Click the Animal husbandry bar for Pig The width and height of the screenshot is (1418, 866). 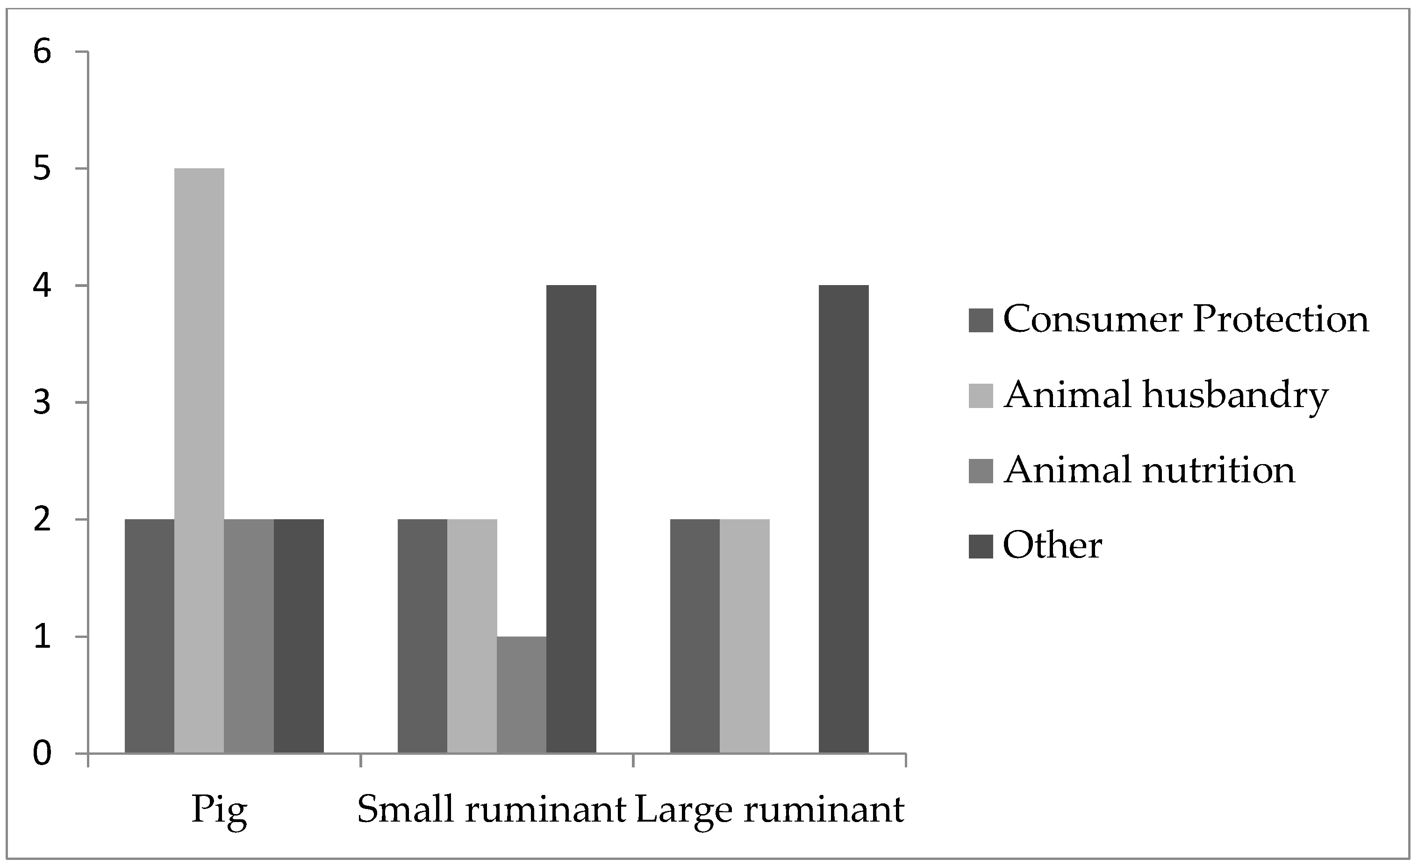pos(199,460)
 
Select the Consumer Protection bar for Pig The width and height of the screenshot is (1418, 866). pos(150,636)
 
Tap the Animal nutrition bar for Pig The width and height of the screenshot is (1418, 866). pos(249,636)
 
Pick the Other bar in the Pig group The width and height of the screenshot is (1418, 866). pos(299,636)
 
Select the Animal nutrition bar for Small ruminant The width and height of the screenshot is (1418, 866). pos(522,694)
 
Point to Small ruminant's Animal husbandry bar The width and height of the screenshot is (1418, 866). pos(472,636)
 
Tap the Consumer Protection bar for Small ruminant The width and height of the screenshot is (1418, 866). pos(423,636)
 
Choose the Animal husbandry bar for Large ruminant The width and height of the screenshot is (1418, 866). pos(745,636)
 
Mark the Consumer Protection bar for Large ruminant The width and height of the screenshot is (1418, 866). pos(695,636)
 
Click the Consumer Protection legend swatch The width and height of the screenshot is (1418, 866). pos(981,321)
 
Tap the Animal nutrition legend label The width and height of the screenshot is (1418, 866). pos(1149,471)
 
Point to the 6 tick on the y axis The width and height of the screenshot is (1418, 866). pos(43,52)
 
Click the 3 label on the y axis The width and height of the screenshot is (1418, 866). pos(43,403)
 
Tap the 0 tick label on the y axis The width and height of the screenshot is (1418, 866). pos(43,753)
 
